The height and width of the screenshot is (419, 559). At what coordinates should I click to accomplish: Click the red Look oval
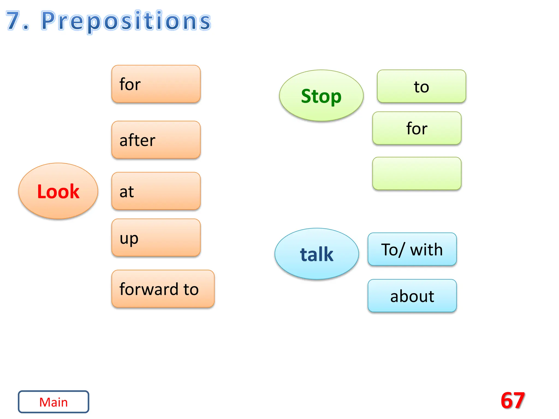58,191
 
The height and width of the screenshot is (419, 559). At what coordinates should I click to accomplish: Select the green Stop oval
321,95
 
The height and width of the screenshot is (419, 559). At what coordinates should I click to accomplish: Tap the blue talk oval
317,254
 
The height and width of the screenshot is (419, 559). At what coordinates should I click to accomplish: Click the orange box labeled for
156,84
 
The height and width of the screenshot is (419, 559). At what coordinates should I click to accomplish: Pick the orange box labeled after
156,140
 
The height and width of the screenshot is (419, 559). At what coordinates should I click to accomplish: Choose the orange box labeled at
156,191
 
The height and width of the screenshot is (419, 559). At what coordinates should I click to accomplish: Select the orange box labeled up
156,238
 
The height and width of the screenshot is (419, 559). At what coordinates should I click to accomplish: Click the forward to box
163,289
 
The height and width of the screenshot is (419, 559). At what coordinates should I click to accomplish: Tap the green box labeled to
421,86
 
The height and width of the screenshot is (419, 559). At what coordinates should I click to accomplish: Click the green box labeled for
417,128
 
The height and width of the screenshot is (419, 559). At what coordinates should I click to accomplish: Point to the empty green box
417,173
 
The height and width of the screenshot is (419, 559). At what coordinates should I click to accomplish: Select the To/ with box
412,249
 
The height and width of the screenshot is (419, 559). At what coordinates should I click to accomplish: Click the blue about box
412,296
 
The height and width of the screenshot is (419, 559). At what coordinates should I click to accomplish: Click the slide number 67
513,400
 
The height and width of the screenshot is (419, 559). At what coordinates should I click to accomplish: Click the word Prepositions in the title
126,21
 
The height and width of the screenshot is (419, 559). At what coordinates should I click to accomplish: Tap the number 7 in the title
13,21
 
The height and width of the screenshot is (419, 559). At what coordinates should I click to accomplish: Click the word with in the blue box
426,250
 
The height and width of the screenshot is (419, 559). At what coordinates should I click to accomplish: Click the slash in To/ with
401,250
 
